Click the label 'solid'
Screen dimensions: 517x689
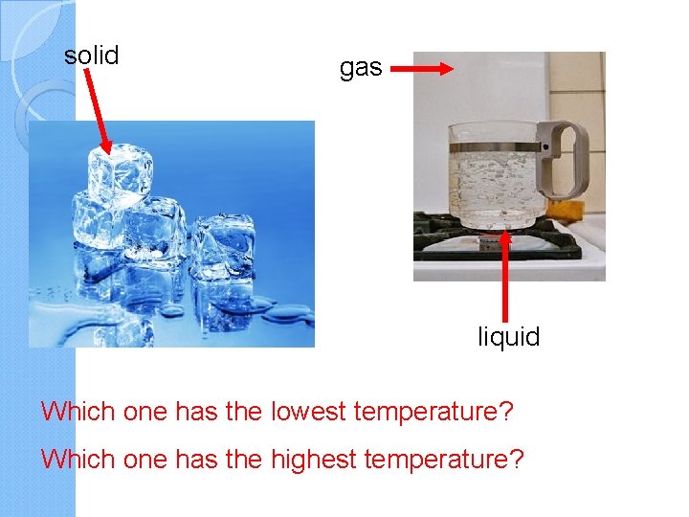pyautogui.click(x=91, y=56)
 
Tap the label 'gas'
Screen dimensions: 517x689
pyautogui.click(x=361, y=68)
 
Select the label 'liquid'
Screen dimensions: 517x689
pyautogui.click(x=509, y=337)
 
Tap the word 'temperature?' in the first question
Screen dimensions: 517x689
pyautogui.click(x=433, y=413)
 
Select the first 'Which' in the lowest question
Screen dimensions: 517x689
pyautogui.click(x=78, y=413)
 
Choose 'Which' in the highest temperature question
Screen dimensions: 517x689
pyautogui.click(x=78, y=459)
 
